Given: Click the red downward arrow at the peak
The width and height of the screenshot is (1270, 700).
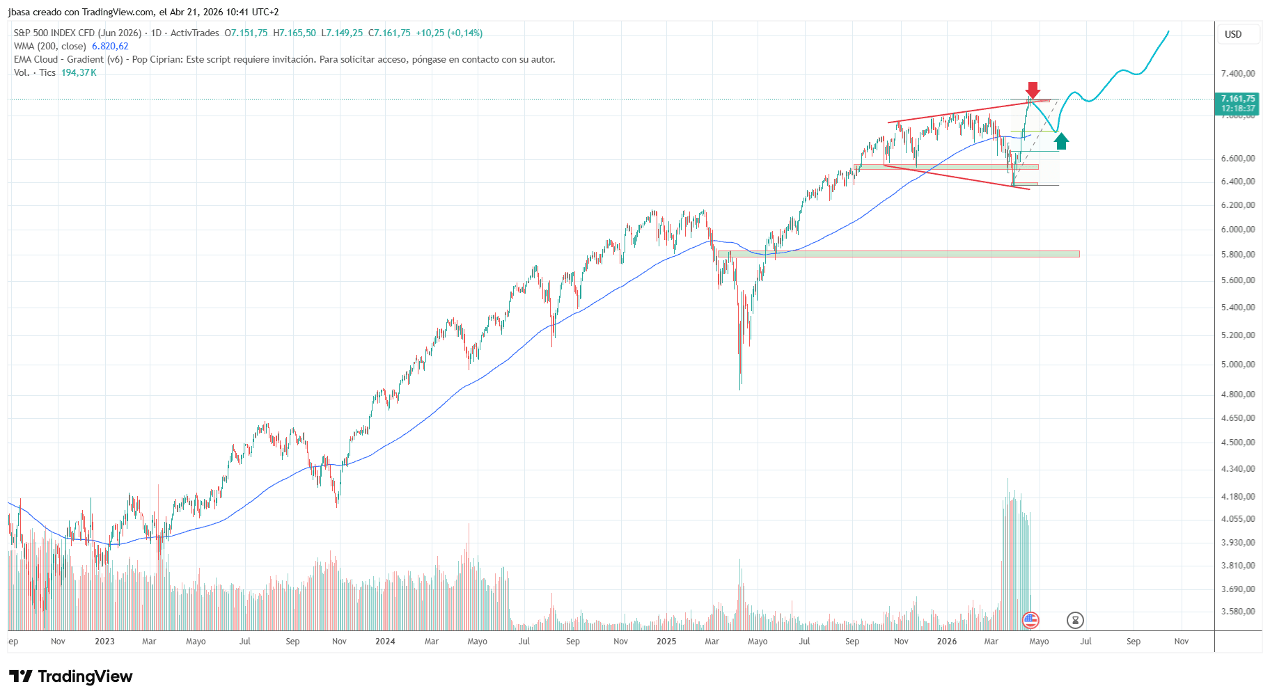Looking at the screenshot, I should click(1033, 90).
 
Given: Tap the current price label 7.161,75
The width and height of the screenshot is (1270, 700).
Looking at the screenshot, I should click(1238, 99).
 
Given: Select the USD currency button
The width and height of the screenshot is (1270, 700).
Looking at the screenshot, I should click(1233, 34).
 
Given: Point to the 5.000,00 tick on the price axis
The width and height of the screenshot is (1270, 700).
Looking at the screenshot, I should click(1238, 365).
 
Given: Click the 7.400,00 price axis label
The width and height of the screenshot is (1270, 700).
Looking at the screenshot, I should click(1238, 74).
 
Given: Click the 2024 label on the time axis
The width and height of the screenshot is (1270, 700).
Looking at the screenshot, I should click(385, 642).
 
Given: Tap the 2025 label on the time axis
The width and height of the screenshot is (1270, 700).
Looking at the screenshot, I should click(666, 642).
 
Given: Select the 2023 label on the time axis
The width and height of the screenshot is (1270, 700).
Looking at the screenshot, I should click(104, 642).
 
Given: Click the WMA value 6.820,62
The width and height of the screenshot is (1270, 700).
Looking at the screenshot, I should click(110, 47).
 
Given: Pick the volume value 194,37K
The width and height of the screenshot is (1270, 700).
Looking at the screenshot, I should click(79, 73).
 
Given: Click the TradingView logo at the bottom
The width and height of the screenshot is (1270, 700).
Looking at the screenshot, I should click(71, 676).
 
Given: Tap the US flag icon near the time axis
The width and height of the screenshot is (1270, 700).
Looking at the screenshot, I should click(1030, 620).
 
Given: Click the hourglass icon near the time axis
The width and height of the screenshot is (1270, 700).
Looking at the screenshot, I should click(1075, 620).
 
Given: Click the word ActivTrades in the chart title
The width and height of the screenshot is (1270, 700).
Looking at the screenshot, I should click(194, 33).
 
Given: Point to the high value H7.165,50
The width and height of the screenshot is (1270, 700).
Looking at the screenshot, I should click(295, 33).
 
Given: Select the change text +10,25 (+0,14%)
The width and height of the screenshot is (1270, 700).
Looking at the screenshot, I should click(449, 33).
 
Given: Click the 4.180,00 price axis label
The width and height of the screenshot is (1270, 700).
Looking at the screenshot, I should click(1238, 497).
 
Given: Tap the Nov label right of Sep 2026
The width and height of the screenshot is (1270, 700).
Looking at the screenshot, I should click(1182, 642).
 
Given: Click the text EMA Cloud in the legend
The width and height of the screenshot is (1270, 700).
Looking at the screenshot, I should click(36, 60).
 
